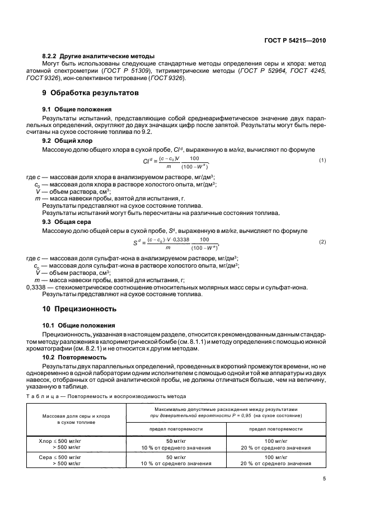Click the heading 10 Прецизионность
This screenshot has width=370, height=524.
coord(79,308)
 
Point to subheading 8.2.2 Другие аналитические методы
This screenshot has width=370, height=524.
coord(99,57)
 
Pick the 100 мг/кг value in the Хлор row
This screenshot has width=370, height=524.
coord(275,441)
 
